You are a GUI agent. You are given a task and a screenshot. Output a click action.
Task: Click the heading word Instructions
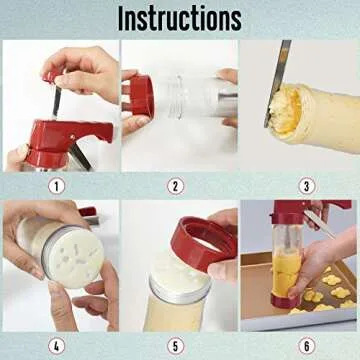pyautogui.click(x=179, y=18)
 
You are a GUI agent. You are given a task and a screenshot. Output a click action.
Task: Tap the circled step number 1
pyautogui.click(x=58, y=183)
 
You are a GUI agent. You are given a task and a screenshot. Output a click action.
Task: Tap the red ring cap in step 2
pyautogui.click(x=143, y=99)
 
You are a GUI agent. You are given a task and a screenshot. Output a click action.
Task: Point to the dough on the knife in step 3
pyautogui.click(x=289, y=104)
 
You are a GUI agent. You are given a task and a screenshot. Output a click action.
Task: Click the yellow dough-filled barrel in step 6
pyautogui.click(x=288, y=273)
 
